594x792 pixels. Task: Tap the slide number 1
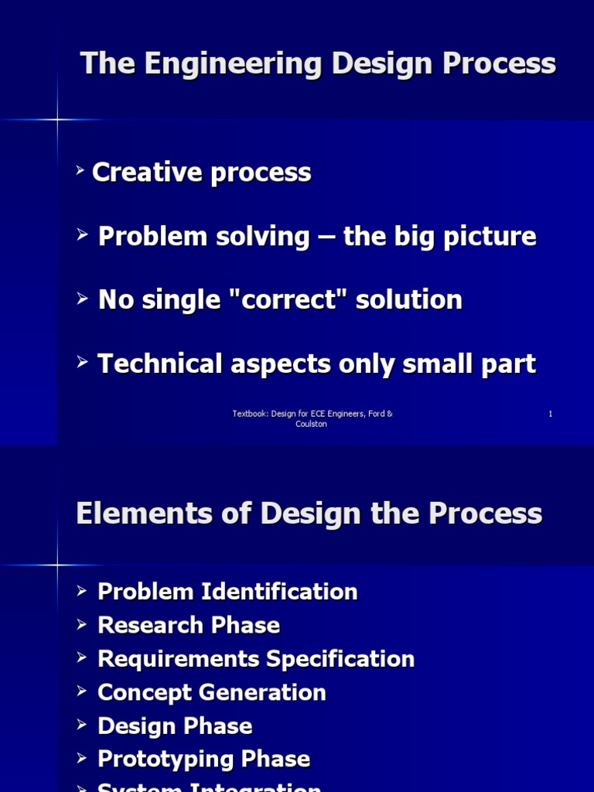pyautogui.click(x=551, y=414)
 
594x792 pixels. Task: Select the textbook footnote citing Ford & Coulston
pyautogui.click(x=312, y=418)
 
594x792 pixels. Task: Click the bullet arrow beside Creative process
pyautogui.click(x=80, y=169)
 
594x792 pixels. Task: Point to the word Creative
pyautogui.click(x=146, y=172)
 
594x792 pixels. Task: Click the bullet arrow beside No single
pyautogui.click(x=83, y=298)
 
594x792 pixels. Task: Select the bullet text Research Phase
pyautogui.click(x=189, y=625)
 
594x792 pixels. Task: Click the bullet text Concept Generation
pyautogui.click(x=212, y=692)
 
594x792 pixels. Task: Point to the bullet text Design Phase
pyautogui.click(x=175, y=726)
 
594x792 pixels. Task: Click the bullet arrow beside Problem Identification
pyautogui.click(x=83, y=591)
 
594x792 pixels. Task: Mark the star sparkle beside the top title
pyautogui.click(x=57, y=119)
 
